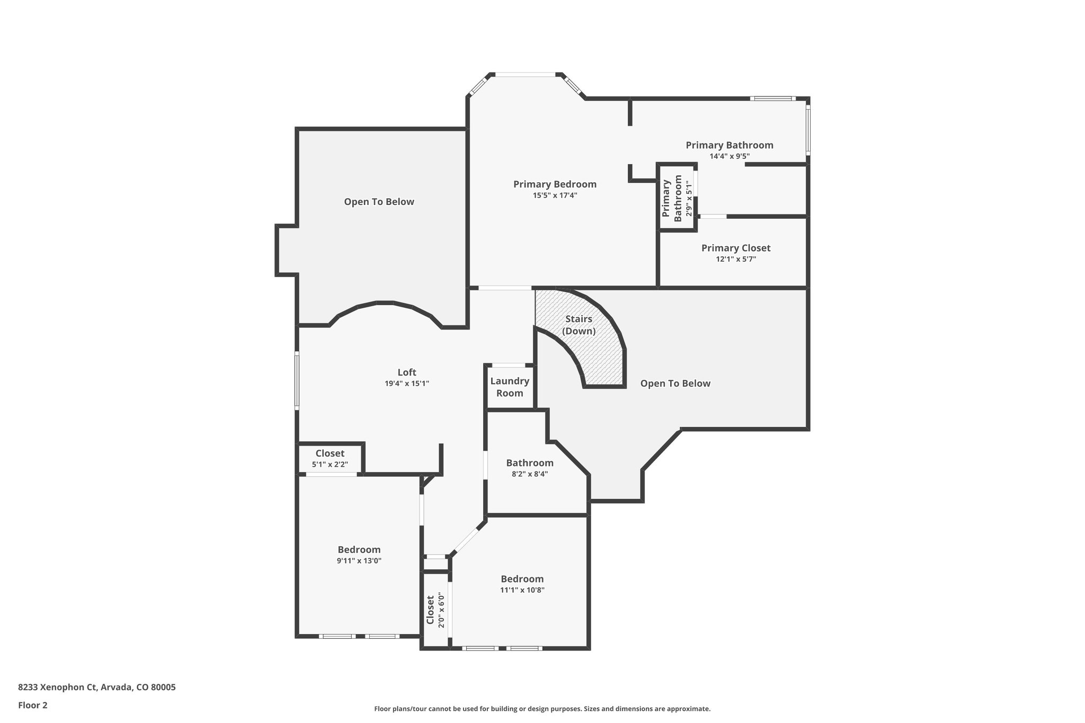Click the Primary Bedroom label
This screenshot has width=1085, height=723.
[555, 184]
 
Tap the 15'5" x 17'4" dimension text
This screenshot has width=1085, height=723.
[555, 195]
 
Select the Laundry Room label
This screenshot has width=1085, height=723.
[510, 387]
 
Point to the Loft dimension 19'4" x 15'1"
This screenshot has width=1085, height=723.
[407, 383]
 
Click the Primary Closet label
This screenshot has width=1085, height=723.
[735, 248]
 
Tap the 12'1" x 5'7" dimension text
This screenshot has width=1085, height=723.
[735, 260]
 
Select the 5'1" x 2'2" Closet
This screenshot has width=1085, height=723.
[330, 459]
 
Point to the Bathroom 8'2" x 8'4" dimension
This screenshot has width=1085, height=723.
[529, 475]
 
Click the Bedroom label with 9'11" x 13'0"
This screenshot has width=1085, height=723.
[359, 550]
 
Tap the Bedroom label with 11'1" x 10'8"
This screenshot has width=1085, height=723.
[522, 579]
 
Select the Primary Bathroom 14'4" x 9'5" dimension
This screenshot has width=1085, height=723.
[730, 156]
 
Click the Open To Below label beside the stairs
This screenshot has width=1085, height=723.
[675, 383]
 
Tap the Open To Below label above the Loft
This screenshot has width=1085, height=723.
[379, 202]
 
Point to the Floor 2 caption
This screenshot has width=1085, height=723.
[33, 705]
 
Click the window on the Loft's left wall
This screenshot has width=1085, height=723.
[297, 380]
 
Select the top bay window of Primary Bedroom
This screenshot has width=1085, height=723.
[525, 75]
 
